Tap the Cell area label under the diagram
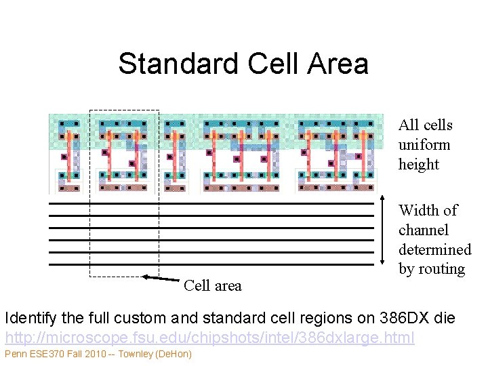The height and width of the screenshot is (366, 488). (x=212, y=286)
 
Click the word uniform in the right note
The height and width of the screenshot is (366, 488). (x=424, y=144)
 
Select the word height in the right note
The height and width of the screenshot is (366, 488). (x=419, y=164)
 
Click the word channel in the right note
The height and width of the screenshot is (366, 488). (x=425, y=230)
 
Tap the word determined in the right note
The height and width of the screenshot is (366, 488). (x=434, y=249)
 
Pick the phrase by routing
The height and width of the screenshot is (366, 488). (x=432, y=269)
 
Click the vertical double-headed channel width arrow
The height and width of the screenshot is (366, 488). (x=386, y=234)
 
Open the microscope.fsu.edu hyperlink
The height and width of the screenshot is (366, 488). (x=209, y=336)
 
